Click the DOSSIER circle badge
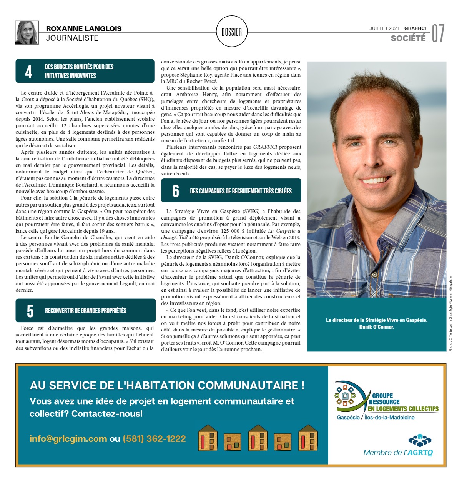point(232,32)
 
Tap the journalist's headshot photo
point(27,33)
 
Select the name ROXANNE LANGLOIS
point(84,29)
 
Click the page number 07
point(438,33)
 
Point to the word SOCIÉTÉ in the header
point(408,38)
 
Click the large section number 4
point(29,72)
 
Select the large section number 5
point(30,311)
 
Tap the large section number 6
point(176,191)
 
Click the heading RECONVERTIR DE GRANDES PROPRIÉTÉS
point(86,311)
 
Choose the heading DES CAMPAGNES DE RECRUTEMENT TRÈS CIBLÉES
point(241,191)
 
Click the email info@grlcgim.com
point(68,439)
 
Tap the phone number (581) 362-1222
point(154,439)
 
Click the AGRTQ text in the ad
point(420,453)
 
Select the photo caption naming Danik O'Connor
point(377,323)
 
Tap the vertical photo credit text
point(451,314)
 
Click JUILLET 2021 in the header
point(384,28)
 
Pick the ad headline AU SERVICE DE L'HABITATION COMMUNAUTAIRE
point(167,385)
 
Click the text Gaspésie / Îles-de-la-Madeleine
point(376,418)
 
